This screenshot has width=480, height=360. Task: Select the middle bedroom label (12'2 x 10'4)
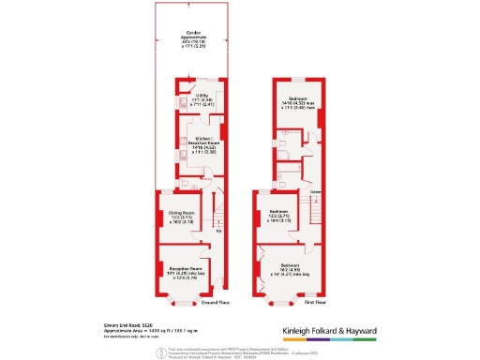tap(277, 216)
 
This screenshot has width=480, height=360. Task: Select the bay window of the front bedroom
tap(278, 300)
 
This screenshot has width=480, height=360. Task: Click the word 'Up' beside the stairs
tap(218, 231)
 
